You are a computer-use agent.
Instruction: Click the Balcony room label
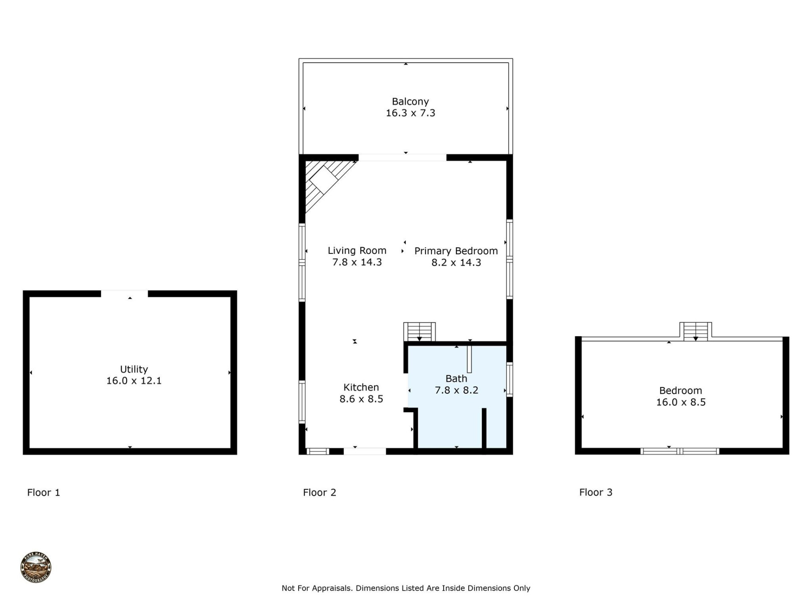[410, 101]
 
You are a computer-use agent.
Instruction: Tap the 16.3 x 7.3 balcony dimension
[410, 113]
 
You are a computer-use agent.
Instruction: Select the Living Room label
[357, 250]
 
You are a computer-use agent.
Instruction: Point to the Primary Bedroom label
[455, 251]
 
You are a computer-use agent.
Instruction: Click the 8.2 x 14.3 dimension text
[455, 263]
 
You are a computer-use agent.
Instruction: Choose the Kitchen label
[361, 387]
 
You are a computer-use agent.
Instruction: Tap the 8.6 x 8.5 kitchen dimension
[361, 399]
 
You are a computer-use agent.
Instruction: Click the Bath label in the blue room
[456, 379]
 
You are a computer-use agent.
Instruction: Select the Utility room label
[134, 369]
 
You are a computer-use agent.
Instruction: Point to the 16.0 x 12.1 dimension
[134, 381]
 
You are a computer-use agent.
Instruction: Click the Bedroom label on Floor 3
[680, 391]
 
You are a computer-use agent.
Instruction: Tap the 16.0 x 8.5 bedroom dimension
[680, 402]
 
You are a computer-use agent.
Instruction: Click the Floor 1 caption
[44, 492]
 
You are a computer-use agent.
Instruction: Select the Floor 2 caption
[319, 492]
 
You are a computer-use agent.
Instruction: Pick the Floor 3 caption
[595, 492]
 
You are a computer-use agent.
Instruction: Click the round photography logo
[36, 567]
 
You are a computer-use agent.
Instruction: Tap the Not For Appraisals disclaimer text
[405, 588]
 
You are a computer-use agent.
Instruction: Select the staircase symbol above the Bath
[419, 332]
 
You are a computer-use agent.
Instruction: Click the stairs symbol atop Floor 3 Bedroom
[695, 331]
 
